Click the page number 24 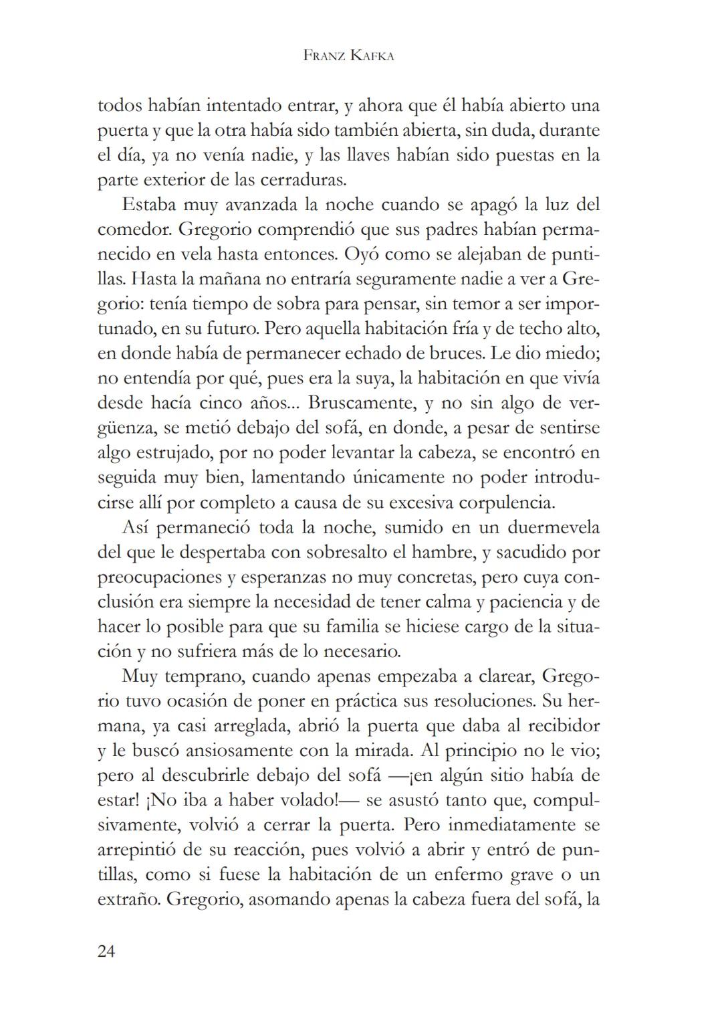106,951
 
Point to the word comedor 134,229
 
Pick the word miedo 573,353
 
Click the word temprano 205,676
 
